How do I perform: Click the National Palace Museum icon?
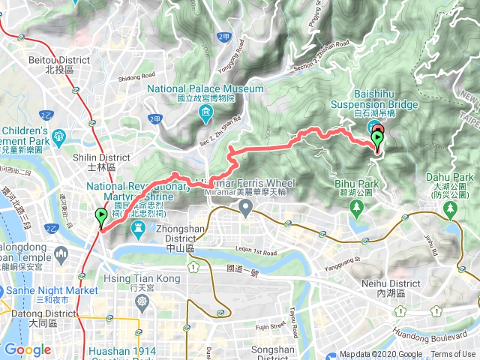pos(205,113)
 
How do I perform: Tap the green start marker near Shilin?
pos(100,217)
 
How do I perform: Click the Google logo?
pos(27,349)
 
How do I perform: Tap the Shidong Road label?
pos(136,76)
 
